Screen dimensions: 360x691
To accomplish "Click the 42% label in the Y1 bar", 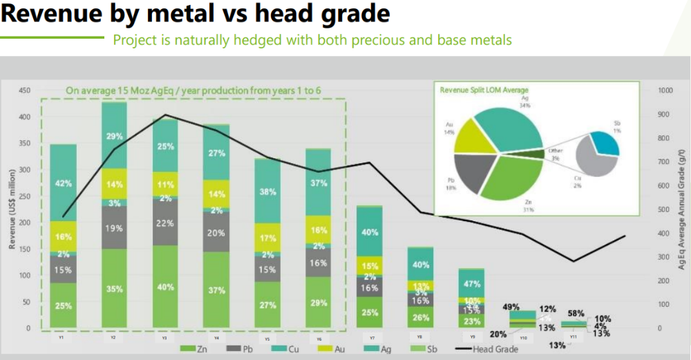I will click(64, 184).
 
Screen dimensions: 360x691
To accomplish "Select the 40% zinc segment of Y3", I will click(166, 287).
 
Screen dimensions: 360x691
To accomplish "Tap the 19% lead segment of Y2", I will click(114, 228).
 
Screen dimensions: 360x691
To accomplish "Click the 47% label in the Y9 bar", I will click(473, 284).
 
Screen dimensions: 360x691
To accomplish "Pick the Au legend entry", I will click(335, 350).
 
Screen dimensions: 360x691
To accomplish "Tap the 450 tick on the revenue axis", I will click(23, 91).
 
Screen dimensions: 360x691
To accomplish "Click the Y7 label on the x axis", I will click(371, 338).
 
